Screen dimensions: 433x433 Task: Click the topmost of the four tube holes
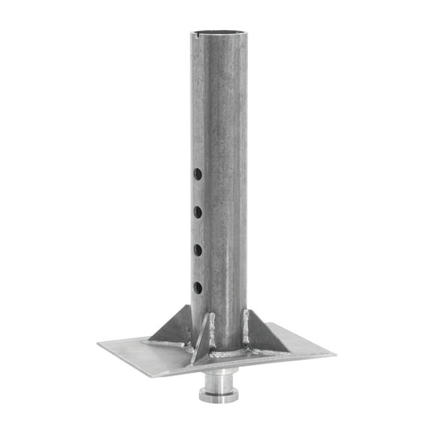(x=198, y=174)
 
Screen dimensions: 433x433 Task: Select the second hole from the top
(x=198, y=212)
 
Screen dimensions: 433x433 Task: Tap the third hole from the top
(x=198, y=250)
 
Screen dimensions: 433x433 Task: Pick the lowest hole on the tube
(x=198, y=287)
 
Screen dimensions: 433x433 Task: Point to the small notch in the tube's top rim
(x=197, y=34)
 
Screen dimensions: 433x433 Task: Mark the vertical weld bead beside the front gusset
(x=213, y=331)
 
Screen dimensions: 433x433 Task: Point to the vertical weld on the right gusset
(x=246, y=328)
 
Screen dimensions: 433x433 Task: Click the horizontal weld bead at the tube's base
(x=229, y=352)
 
